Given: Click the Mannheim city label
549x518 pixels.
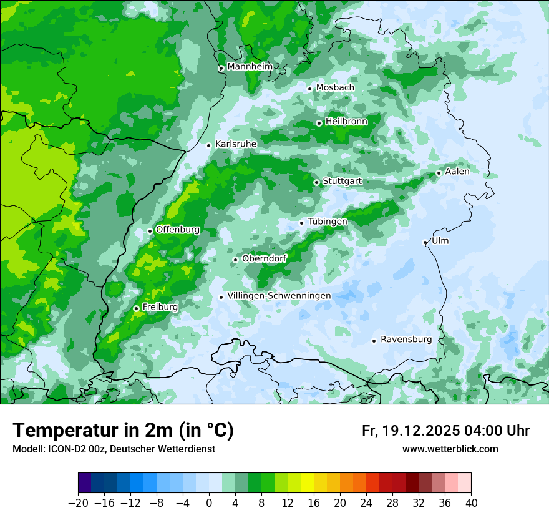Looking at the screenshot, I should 250,67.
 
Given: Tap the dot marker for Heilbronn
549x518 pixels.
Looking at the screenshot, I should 319,123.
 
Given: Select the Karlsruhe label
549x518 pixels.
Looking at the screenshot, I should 236,144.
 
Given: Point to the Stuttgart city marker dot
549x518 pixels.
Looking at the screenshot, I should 316,182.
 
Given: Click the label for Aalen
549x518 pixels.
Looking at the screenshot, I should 457,172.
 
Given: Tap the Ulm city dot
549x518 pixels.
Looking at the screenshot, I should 425,242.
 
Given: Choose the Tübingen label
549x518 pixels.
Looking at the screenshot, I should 328,222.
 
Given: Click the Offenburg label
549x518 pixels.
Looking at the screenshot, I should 178,230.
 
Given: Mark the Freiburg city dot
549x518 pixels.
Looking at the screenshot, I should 136,308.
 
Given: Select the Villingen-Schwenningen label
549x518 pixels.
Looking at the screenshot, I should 279,296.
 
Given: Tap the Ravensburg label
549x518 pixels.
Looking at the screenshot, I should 406,340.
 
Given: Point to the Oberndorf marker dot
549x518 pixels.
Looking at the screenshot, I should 235,260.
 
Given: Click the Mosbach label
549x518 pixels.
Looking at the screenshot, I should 335,88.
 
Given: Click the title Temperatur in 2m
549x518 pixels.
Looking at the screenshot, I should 123,430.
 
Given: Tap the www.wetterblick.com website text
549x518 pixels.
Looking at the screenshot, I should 450,449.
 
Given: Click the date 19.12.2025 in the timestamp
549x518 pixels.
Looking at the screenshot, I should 419,431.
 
